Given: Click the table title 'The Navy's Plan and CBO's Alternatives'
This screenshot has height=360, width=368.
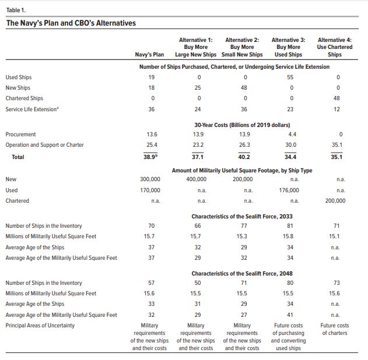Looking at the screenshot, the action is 71,23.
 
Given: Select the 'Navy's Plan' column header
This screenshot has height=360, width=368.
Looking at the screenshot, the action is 149,55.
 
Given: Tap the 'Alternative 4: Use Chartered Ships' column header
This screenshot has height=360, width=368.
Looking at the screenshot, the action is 335,47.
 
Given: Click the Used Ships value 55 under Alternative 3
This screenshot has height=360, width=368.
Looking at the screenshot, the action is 290,77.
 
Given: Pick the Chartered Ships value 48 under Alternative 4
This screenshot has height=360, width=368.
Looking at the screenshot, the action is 337,98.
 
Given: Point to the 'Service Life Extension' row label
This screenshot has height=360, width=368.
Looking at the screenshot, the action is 32,109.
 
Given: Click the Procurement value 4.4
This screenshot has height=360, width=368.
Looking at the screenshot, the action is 292,135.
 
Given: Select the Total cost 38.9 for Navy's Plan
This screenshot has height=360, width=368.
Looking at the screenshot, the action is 150,157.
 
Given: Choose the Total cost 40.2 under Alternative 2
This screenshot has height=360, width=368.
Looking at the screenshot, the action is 244,157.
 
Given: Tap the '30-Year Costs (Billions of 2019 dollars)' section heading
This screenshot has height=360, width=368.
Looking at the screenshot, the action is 242,125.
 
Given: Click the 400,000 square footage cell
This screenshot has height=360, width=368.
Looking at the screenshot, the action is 197,179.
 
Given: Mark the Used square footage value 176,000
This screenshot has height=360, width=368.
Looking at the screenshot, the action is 289,190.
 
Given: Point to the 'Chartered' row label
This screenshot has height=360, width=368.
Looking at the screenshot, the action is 17,201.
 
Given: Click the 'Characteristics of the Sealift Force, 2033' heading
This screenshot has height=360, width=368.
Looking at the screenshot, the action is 242,216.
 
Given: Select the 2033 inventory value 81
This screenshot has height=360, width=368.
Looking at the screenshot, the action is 290,225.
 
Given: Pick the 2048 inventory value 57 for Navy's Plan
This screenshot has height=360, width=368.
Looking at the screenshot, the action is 152,283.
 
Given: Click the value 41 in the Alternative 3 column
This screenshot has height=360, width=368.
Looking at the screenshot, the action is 290,315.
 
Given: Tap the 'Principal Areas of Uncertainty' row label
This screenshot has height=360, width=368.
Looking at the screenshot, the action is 40,326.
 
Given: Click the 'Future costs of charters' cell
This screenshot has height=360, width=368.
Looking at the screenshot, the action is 335,329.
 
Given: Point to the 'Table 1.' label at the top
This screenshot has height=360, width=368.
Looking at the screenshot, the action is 16,10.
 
